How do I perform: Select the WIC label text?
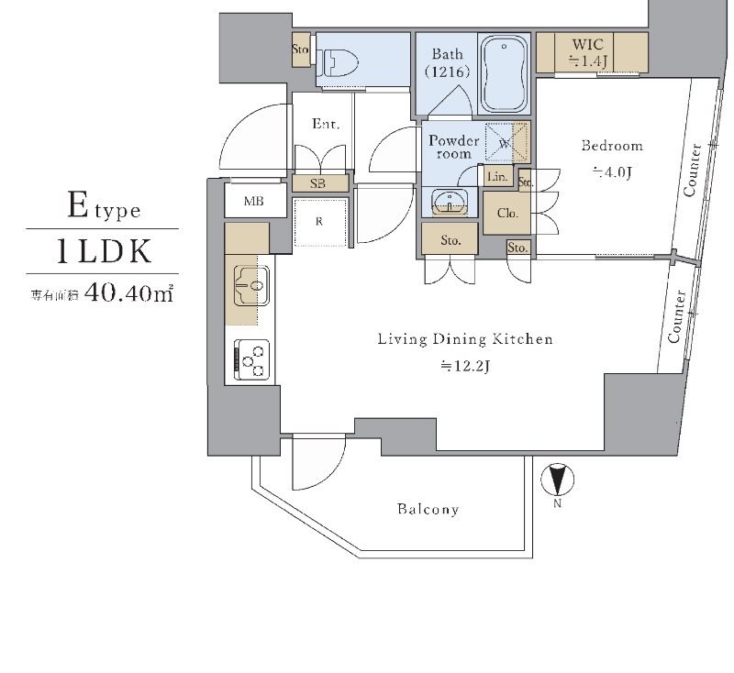(x=586, y=44)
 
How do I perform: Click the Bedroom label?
(x=612, y=146)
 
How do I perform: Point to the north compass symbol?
(x=556, y=480)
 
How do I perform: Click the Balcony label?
(x=428, y=509)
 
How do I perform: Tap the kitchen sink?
(x=248, y=285)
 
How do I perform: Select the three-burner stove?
(x=252, y=358)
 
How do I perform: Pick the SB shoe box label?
(x=317, y=183)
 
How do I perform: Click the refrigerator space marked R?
(x=318, y=221)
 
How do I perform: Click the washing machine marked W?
(x=503, y=143)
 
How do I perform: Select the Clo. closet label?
(x=507, y=213)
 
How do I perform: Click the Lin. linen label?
(x=498, y=176)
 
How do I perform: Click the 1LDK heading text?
(x=102, y=251)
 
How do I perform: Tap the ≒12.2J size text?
(x=465, y=366)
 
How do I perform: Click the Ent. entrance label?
(x=326, y=124)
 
